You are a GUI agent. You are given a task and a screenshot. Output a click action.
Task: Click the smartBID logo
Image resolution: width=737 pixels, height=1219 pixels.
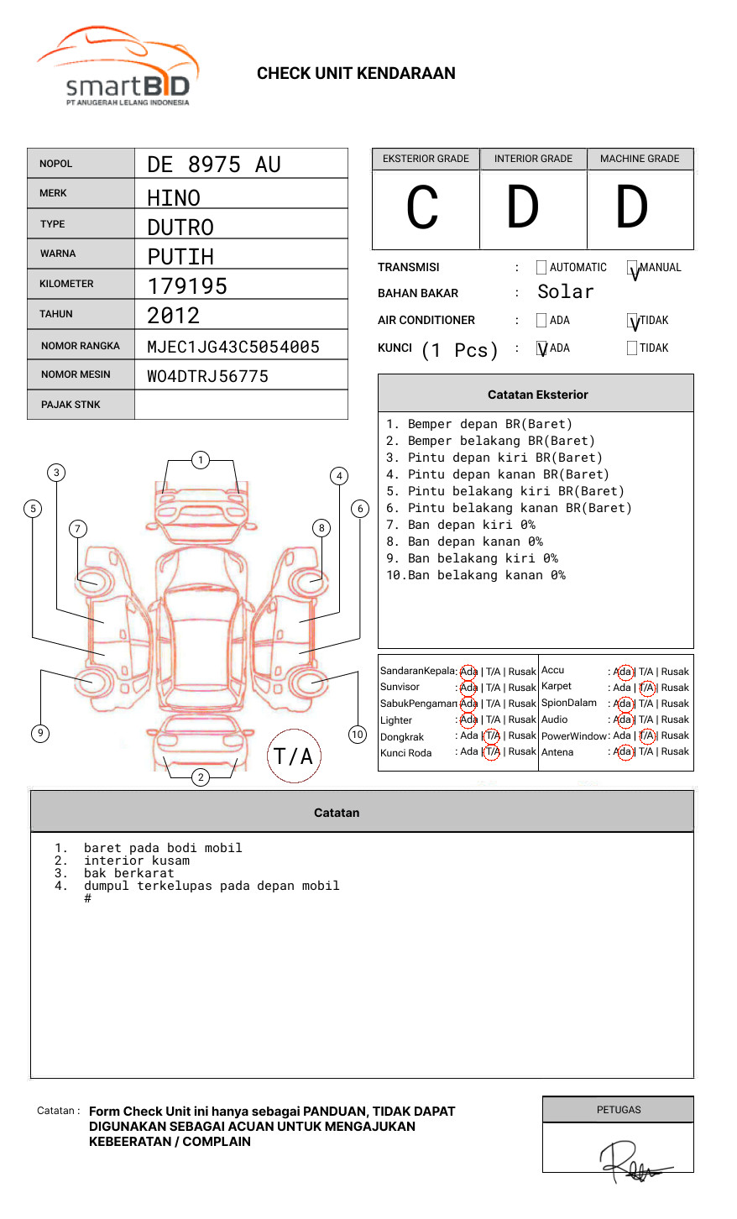tap(118, 67)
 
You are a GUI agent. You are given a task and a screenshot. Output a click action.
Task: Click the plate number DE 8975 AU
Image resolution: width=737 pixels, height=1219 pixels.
tap(214, 165)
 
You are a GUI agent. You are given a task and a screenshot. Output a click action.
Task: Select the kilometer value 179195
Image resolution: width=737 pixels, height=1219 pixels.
tap(187, 286)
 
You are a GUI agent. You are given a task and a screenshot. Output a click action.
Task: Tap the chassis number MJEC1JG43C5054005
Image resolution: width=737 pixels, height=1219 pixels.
tap(233, 347)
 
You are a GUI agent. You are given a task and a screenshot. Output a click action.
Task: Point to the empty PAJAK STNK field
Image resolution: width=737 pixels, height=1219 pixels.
tap(241, 405)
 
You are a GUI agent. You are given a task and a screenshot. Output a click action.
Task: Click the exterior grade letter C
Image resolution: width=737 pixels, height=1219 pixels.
tap(423, 208)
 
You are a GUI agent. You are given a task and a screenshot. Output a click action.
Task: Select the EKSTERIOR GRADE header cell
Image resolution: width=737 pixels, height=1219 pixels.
tap(426, 159)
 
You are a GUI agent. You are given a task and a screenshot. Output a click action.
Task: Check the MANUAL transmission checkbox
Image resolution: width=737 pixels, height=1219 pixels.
tap(633, 268)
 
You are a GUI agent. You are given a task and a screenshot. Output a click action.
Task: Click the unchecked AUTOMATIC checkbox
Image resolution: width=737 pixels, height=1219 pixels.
tap(541, 268)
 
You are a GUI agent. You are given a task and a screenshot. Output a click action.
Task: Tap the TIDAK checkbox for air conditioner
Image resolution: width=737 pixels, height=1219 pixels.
tap(633, 321)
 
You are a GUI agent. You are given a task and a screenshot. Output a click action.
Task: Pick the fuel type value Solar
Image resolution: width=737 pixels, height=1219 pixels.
tap(565, 292)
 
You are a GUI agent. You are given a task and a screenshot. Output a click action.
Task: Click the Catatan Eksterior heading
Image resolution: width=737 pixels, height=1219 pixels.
tap(537, 395)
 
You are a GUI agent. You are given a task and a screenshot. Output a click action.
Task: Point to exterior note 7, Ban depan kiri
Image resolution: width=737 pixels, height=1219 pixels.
tap(461, 526)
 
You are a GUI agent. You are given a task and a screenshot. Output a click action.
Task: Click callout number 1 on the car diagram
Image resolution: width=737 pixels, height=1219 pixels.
tap(200, 459)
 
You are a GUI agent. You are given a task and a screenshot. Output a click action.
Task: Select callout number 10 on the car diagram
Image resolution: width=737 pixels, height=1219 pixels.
tap(358, 735)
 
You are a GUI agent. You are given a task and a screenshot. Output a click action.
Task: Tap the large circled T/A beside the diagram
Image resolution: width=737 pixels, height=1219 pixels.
tap(294, 756)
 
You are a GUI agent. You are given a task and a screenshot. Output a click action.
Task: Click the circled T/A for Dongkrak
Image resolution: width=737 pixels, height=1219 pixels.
tap(492, 736)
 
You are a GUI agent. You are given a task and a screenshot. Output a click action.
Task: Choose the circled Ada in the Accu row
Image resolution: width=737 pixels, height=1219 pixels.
tap(624, 672)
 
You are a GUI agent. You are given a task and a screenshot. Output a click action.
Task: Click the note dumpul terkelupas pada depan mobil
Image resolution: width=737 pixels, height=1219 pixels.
tap(212, 886)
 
